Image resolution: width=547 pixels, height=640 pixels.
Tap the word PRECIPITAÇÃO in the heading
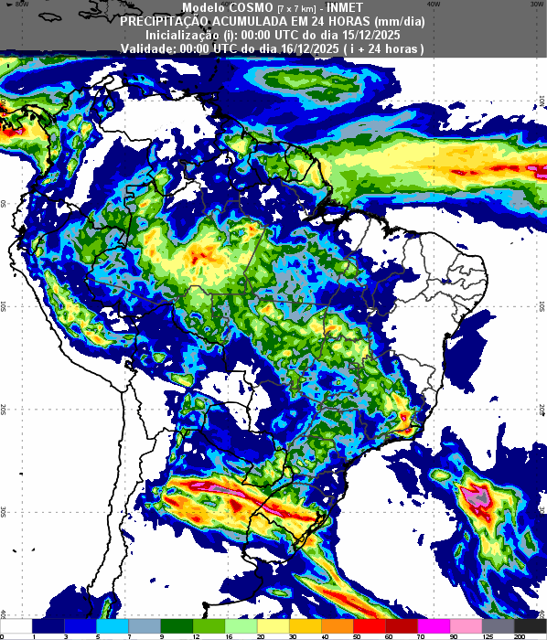click(166, 20)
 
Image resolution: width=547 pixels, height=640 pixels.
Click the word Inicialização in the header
click(183, 34)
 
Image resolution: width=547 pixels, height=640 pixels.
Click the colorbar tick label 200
click(519, 635)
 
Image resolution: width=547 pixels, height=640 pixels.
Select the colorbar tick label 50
click(357, 635)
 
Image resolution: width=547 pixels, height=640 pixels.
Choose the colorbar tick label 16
click(227, 635)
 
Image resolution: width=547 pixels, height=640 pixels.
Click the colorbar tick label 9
click(162, 635)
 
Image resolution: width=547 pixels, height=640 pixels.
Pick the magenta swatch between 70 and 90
click(437, 624)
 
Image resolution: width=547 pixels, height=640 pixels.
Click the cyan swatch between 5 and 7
click(113, 624)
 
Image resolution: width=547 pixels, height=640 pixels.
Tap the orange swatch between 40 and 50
click(340, 624)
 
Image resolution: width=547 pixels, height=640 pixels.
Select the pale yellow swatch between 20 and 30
click(275, 624)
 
